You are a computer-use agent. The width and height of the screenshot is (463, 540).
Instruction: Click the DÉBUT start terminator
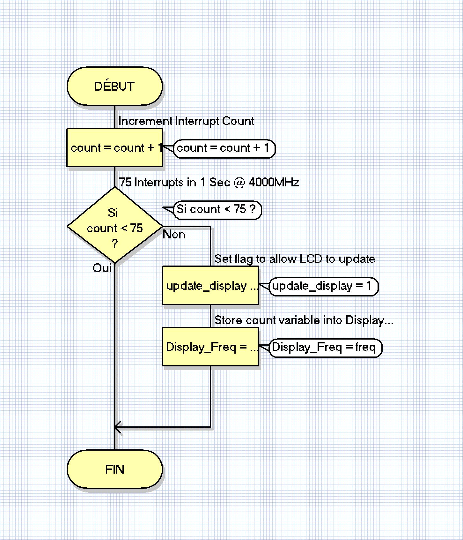[114, 86]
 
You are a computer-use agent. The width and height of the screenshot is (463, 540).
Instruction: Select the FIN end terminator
[114, 469]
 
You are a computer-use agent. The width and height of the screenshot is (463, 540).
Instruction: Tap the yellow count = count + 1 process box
[114, 148]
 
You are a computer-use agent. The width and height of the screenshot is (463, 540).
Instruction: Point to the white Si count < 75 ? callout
[217, 210]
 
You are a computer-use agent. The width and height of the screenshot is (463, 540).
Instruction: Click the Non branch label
[174, 235]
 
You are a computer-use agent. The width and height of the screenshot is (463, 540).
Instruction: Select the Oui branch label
[102, 268]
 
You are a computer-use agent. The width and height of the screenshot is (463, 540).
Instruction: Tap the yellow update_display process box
[210, 286]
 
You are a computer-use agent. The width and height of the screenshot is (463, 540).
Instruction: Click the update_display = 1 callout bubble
[323, 286]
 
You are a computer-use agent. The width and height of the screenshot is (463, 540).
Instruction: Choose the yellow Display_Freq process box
[210, 347]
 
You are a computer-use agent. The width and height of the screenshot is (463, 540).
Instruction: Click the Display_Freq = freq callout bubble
[325, 348]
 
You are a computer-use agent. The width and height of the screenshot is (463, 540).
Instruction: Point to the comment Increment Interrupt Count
[186, 121]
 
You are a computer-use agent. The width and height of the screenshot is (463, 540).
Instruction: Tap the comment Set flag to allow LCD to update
[295, 259]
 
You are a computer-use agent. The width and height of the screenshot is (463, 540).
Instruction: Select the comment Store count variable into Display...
[304, 320]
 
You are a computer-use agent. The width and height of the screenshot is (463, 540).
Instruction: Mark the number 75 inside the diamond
[136, 228]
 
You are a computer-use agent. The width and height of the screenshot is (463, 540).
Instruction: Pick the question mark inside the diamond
[114, 244]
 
